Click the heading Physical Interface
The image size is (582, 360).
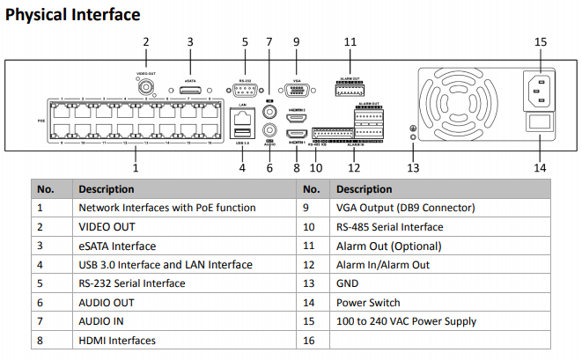[73, 15]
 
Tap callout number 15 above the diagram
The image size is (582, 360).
[541, 40]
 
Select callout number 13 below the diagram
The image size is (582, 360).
[413, 167]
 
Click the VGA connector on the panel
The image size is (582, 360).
[297, 88]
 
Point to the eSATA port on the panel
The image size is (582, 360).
[189, 89]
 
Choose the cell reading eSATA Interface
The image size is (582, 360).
[117, 246]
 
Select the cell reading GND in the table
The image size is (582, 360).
[347, 283]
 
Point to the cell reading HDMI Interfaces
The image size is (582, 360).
[117, 340]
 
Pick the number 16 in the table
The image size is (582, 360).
[308, 340]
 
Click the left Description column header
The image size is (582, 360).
[106, 188]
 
